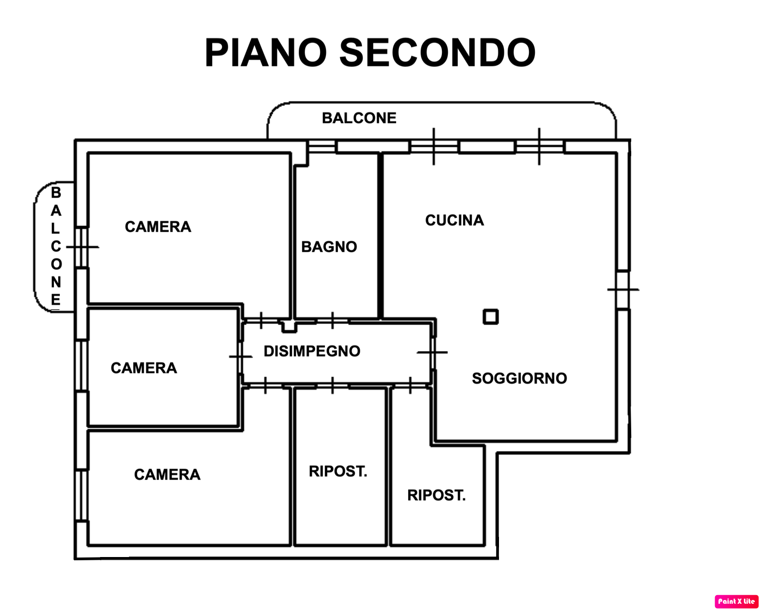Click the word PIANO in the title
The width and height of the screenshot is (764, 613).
coord(266,53)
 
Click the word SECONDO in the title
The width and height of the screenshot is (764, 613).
coord(438,53)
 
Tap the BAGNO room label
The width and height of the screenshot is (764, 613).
coord(329,247)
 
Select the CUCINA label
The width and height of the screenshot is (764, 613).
coord(454,220)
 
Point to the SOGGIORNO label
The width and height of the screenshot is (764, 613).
coord(519,378)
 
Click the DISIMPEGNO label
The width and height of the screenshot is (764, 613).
coord(312,352)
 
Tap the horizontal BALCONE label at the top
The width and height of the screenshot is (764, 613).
coord(359,118)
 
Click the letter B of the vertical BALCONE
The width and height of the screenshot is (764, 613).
coord(56,192)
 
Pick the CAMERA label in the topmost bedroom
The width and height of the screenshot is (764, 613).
coord(158,227)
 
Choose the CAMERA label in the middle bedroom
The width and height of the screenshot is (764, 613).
coord(144,368)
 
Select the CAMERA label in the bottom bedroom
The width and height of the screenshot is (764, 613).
coord(167,475)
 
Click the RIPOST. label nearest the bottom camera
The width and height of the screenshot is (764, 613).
coord(338,471)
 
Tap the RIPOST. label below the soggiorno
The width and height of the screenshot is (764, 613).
coord(436,495)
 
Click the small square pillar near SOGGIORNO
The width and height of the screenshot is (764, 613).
coord(491,317)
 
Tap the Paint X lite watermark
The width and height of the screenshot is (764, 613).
coord(736,601)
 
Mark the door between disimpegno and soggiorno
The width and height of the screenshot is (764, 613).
coord(433,352)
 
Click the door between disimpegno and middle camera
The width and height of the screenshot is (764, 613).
coord(241,356)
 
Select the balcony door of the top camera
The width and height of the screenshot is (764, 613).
coord(82,247)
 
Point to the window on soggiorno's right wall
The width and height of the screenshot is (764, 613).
coord(623,290)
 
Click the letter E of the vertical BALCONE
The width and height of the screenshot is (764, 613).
coord(56,299)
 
